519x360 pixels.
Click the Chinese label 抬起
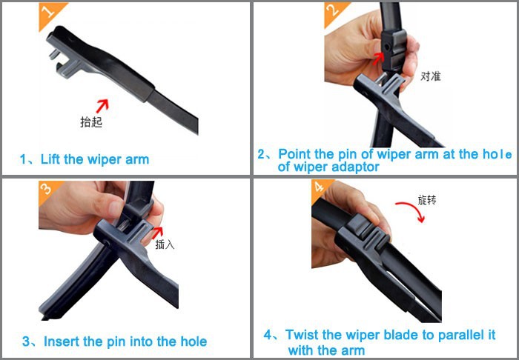pyautogui.click(x=90, y=122)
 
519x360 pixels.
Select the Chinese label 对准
pyautogui.click(x=430, y=76)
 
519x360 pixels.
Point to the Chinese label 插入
pyautogui.click(x=165, y=244)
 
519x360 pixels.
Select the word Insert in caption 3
pyautogui.click(x=62, y=341)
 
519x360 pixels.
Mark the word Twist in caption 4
pyautogui.click(x=302, y=335)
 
